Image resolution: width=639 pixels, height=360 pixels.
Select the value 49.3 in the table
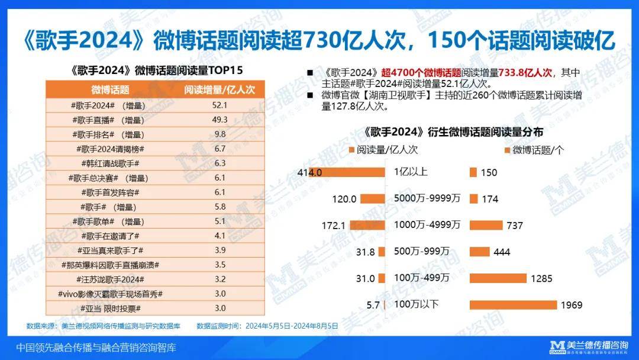(x=220, y=120)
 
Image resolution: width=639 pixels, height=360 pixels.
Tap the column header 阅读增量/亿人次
(x=220, y=90)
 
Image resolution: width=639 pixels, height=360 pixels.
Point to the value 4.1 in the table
(x=220, y=236)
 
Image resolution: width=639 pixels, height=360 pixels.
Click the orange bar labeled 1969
(x=513, y=305)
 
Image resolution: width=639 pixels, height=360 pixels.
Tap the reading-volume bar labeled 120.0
(x=373, y=199)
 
